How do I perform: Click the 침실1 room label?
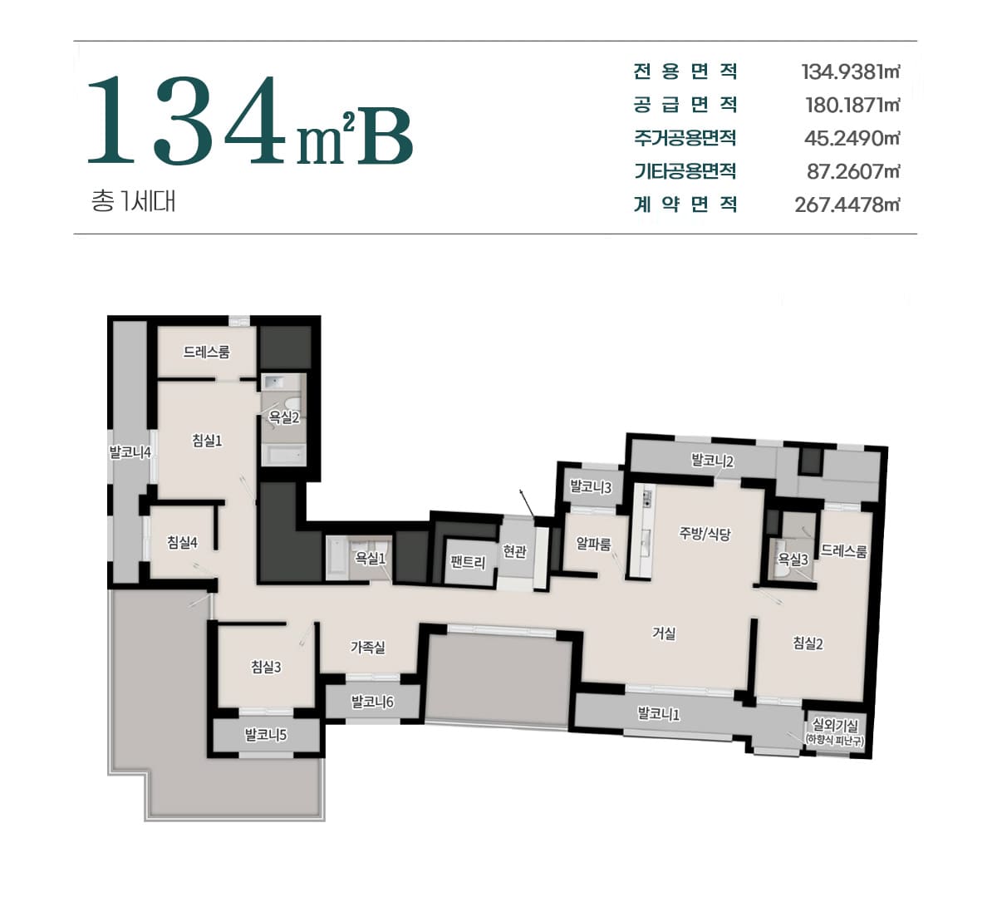[x=207, y=441]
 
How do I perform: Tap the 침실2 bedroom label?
[x=808, y=643]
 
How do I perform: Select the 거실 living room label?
[x=664, y=633]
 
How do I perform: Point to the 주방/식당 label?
[x=705, y=534]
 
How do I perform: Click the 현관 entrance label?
[x=514, y=551]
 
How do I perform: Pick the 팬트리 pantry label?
[x=468, y=562]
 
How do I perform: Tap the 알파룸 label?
[x=593, y=544]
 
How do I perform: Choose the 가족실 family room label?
[x=368, y=647]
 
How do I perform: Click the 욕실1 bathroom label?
[x=371, y=558]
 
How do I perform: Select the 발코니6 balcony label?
[x=372, y=702]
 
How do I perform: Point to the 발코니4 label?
[x=130, y=452]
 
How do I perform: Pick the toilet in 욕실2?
[x=293, y=402]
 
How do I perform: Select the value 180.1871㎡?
[x=852, y=105]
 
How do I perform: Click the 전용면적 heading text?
[x=685, y=71]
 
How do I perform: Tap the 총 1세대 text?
[x=133, y=201]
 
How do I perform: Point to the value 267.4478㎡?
[x=847, y=205]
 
